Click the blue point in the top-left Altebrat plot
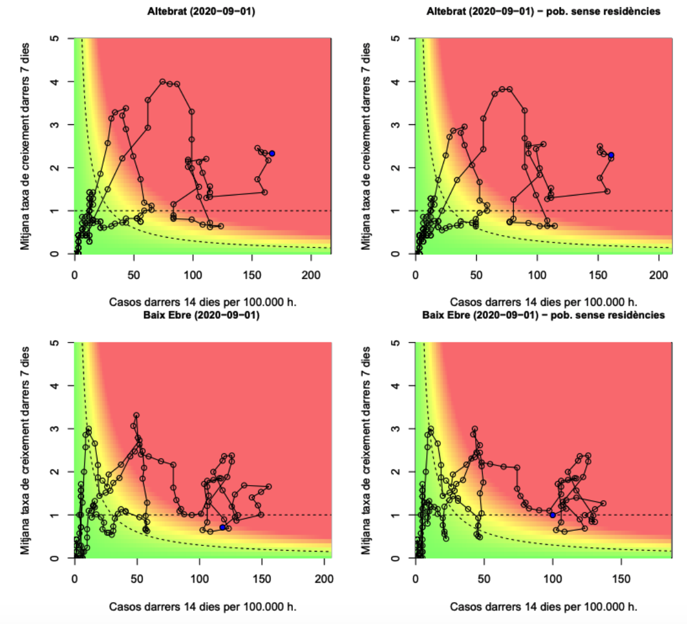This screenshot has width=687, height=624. coord(272,154)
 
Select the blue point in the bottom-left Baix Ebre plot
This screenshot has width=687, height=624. coord(222,527)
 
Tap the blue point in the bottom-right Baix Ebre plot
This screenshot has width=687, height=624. coord(552,515)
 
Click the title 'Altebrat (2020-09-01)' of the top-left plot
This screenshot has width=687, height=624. coord(202,10)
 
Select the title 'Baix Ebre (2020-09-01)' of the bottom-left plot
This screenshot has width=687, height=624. coord(202,315)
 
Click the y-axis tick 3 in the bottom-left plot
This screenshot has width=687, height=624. coord(57,429)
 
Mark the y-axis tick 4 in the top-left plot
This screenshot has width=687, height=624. coord(57,82)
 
